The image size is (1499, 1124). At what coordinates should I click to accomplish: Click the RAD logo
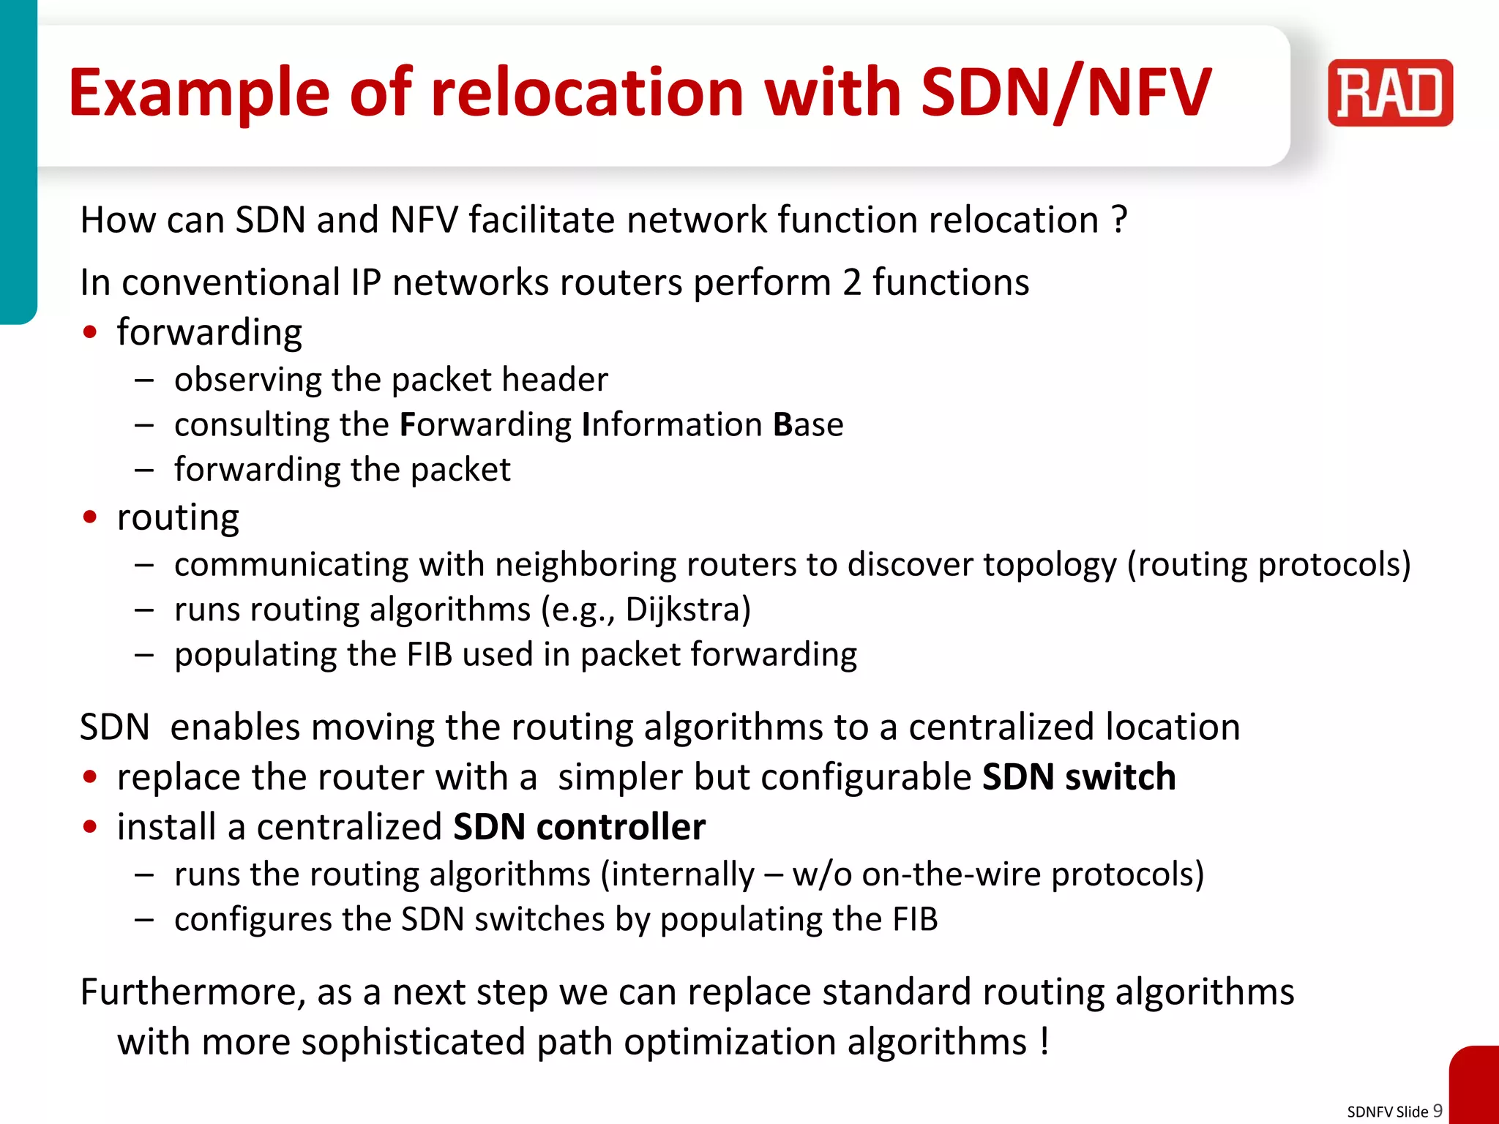point(1390,93)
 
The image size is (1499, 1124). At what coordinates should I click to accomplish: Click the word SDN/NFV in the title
point(1066,93)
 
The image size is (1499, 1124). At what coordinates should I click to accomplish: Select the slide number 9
point(1438,1110)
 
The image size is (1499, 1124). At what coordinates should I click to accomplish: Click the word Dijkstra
point(688,610)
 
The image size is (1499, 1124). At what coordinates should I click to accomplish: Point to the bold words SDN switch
point(1079,776)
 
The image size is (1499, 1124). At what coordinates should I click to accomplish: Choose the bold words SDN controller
point(579,827)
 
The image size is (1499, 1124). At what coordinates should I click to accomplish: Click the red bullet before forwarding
point(90,332)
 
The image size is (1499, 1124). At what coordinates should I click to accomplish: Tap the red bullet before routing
point(90,517)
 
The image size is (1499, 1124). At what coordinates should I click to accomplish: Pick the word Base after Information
point(808,425)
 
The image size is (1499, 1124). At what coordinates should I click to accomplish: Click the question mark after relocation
point(1118,220)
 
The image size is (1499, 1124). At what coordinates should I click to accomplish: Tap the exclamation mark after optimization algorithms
point(1044,1041)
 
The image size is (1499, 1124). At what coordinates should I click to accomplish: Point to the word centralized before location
point(1001,727)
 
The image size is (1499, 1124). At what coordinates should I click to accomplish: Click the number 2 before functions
point(851,282)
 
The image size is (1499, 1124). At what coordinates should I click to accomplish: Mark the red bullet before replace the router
point(90,777)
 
